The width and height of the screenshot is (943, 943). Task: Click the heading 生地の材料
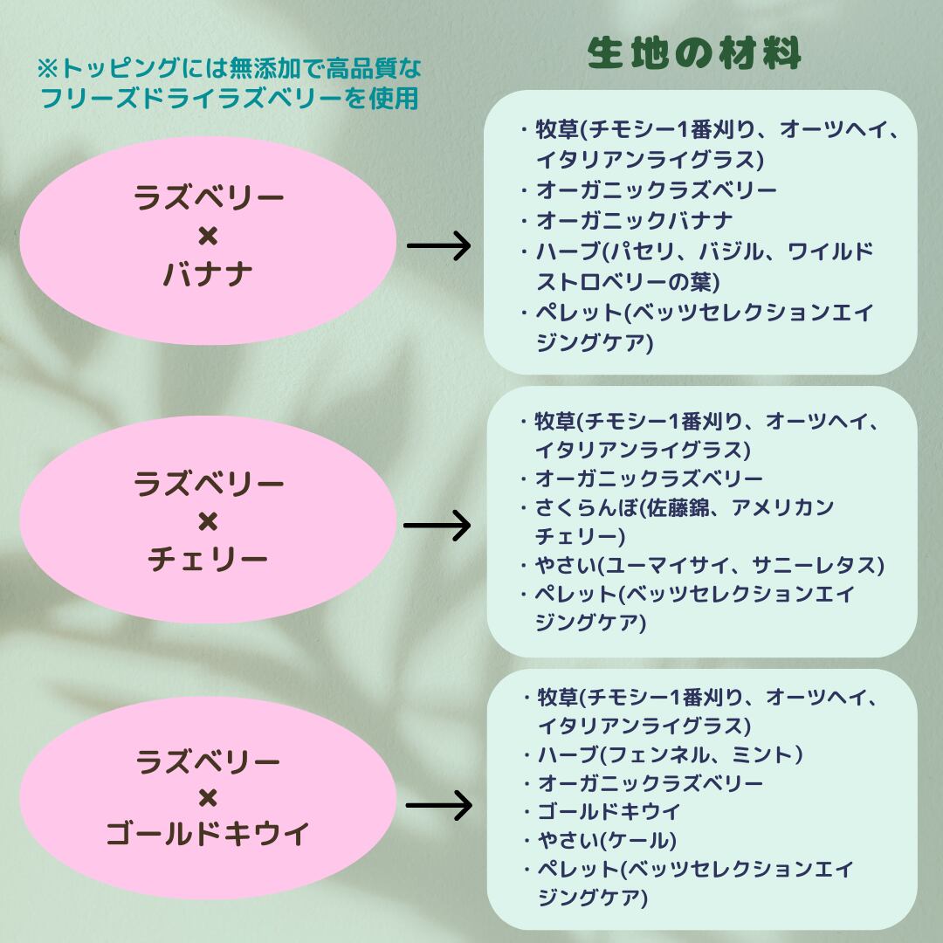tap(694, 54)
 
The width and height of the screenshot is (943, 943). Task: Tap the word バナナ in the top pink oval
tap(208, 274)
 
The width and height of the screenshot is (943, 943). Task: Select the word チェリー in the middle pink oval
tap(208, 559)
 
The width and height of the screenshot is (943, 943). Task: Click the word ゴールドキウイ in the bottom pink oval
tap(208, 835)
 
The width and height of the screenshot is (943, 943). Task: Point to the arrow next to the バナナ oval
tap(438, 246)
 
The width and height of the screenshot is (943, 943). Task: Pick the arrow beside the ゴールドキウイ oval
tap(438, 804)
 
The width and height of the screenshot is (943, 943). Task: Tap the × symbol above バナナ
tap(208, 237)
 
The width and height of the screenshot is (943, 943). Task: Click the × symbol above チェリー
tap(208, 521)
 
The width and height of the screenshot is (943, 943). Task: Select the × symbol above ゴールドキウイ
tap(208, 797)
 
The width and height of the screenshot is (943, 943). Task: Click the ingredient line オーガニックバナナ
tap(634, 221)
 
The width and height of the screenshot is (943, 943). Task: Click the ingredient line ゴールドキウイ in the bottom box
tap(609, 811)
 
